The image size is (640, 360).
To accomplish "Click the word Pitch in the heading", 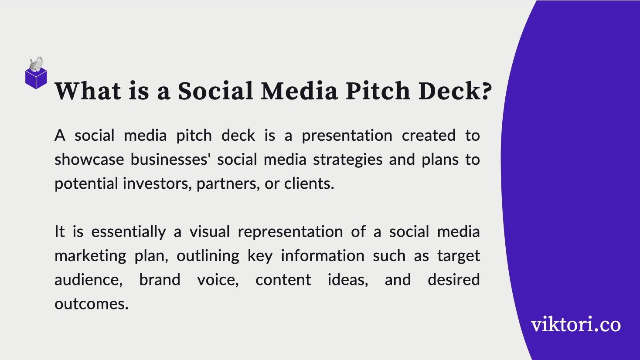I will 378,91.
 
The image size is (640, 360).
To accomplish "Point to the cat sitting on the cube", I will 36,64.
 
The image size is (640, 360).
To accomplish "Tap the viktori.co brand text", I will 575,325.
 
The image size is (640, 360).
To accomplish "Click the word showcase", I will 89,160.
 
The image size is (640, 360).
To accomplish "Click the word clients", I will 309,183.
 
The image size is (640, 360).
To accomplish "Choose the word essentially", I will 129,232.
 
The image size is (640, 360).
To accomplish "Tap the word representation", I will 290,232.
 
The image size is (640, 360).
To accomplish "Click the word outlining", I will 208,256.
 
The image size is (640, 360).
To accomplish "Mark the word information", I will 322,256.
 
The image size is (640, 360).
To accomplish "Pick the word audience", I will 88,280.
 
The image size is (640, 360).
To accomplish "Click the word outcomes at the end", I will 91,304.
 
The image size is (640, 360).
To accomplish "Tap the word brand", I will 160,280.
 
